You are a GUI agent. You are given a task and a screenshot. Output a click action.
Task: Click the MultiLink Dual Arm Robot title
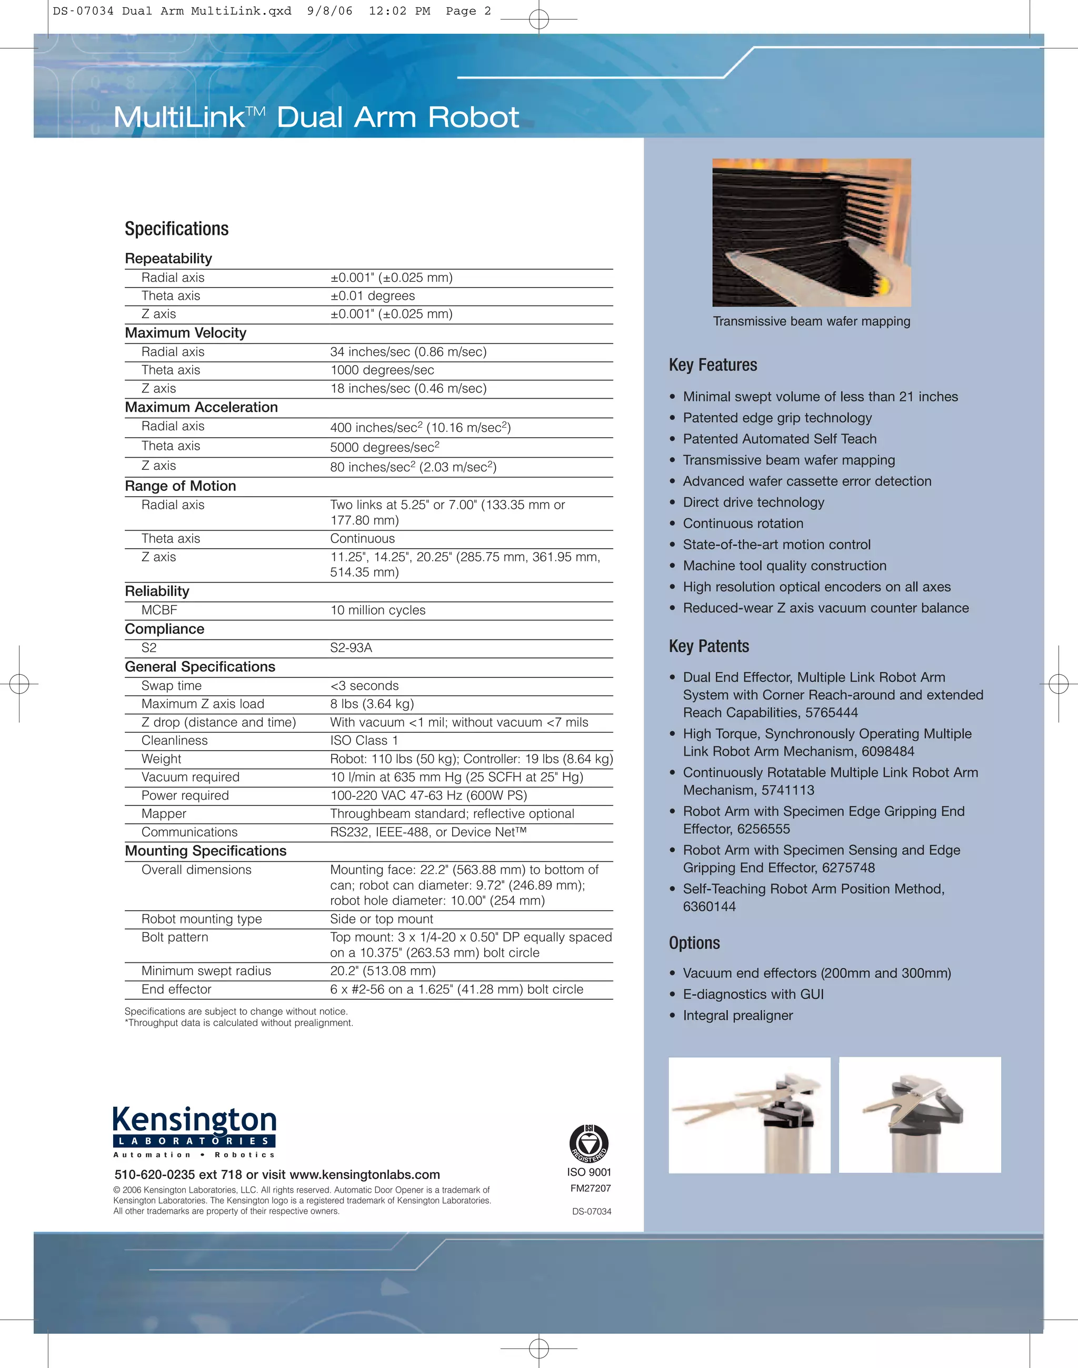[316, 117]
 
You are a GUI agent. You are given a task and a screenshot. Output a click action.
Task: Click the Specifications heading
[177, 229]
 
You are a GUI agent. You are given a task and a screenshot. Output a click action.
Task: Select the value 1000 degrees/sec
[382, 370]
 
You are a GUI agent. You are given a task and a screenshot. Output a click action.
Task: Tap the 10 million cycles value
[377, 610]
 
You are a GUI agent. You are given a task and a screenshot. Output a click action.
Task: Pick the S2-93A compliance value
[351, 648]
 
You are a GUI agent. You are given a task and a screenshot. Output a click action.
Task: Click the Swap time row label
[171, 686]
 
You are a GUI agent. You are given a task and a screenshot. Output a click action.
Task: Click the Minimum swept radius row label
[206, 971]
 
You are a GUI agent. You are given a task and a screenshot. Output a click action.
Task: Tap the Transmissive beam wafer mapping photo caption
[811, 321]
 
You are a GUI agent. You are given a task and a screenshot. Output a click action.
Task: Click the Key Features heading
[713, 365]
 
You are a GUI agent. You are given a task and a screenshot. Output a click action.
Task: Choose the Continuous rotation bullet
[742, 524]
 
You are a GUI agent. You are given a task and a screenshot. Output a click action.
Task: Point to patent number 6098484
[883, 752]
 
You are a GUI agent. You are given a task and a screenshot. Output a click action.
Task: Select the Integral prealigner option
[737, 1016]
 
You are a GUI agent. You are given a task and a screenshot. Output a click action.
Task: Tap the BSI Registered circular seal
[588, 1143]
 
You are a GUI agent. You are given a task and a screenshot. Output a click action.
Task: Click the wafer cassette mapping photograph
[811, 232]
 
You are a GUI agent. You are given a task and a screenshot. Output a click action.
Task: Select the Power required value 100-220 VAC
[428, 796]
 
